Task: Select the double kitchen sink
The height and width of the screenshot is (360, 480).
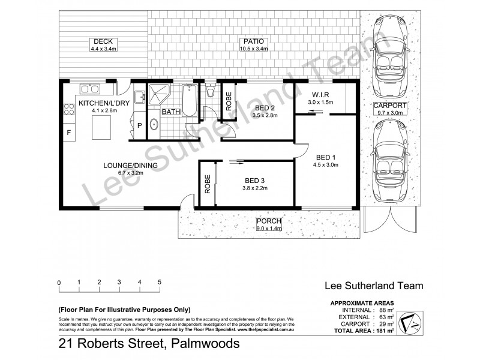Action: [90, 90]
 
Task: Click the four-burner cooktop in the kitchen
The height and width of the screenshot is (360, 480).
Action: [68, 109]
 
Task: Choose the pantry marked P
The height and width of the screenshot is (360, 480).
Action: [139, 126]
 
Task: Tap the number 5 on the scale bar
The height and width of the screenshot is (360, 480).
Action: [160, 282]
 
